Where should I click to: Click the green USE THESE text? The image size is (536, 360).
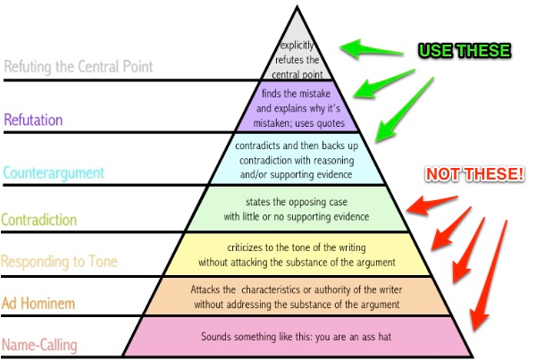tap(465, 50)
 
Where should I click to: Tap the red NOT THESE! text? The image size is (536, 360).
tap(473, 173)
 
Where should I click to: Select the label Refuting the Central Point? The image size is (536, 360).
tap(79, 67)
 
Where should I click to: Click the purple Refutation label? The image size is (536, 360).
tap(34, 120)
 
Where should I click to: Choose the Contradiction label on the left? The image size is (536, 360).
tap(39, 219)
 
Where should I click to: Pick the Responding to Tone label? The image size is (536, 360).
tap(60, 263)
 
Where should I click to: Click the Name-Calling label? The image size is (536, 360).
tap(39, 345)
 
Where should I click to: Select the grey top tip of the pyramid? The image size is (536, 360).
tap(297, 27)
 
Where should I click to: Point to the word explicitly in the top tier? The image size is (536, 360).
tap(297, 45)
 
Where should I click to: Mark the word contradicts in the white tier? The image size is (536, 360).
tap(259, 145)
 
